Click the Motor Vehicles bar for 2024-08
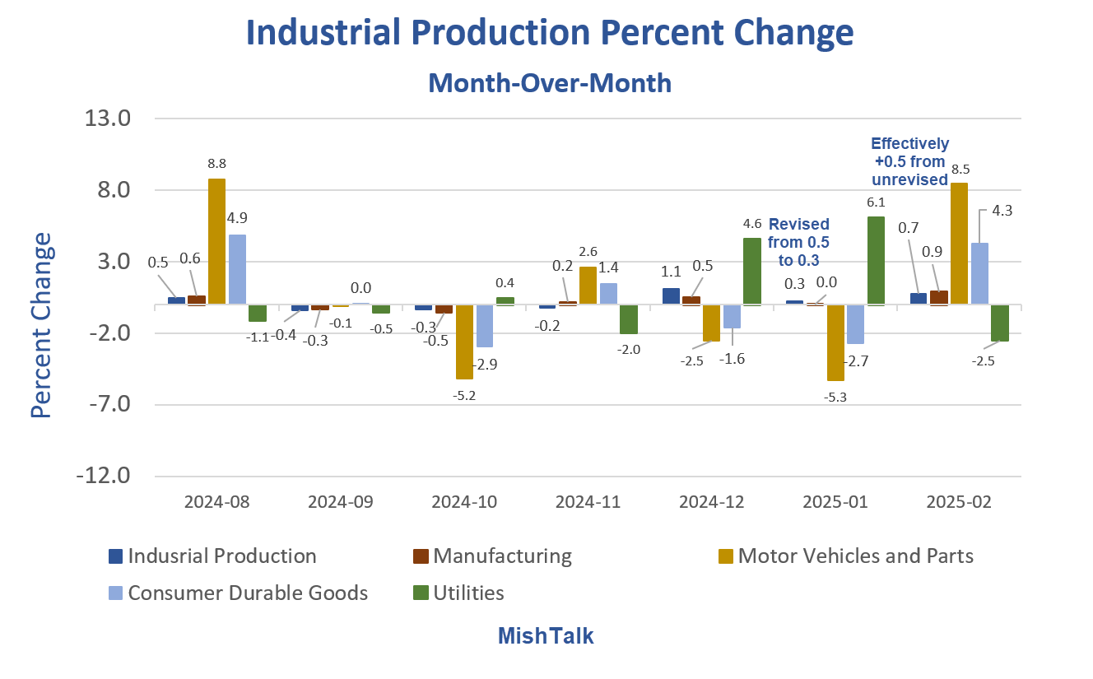click(216, 242)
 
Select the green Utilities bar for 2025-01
click(875, 261)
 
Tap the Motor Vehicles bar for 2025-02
click(959, 244)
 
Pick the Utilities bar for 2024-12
click(751, 272)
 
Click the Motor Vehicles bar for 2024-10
click(464, 342)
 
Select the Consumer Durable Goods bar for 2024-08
click(237, 270)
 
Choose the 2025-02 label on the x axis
click(959, 503)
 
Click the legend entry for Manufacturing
click(502, 556)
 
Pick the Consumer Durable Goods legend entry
click(248, 593)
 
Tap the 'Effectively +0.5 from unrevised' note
click(910, 161)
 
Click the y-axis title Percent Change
click(41, 324)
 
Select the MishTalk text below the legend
click(546, 635)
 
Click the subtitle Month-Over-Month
click(550, 83)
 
